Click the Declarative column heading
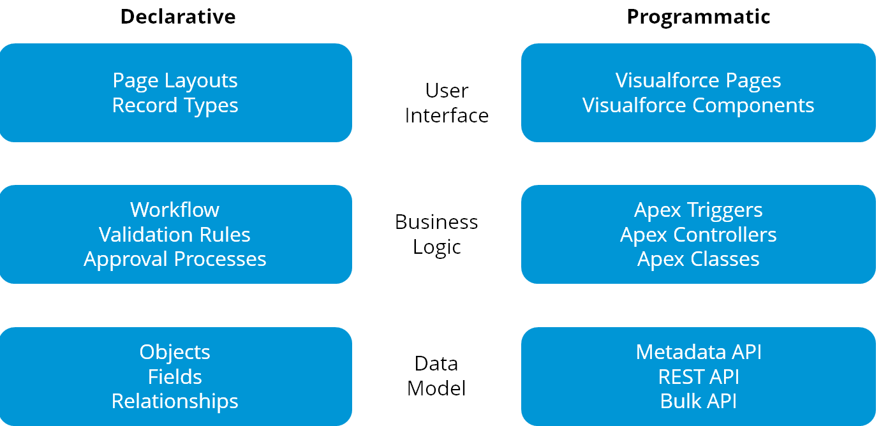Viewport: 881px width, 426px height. tap(178, 17)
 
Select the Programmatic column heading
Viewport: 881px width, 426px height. tap(699, 17)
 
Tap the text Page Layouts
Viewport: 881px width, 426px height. tap(175, 80)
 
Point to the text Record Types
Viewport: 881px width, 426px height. tap(175, 105)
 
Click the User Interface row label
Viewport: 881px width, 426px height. tap(447, 103)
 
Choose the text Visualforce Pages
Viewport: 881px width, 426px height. tap(698, 80)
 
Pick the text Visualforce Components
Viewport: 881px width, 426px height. tap(698, 105)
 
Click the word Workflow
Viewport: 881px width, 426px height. tap(175, 210)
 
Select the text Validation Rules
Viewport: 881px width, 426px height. tap(175, 235)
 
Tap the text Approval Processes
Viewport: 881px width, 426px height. tap(175, 260)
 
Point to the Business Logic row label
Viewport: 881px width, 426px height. tap(436, 234)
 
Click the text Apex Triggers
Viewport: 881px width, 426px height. tap(698, 210)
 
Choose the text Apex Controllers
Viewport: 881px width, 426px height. tap(698, 235)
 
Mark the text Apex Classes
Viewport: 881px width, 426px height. tap(698, 260)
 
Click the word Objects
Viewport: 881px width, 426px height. tap(175, 352)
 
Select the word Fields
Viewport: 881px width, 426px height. tap(175, 377)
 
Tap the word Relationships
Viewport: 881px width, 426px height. tap(175, 401)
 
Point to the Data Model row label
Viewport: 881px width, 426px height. tap(436, 376)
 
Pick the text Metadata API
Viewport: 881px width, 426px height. tap(699, 352)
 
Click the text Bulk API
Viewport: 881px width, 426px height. tap(699, 401)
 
